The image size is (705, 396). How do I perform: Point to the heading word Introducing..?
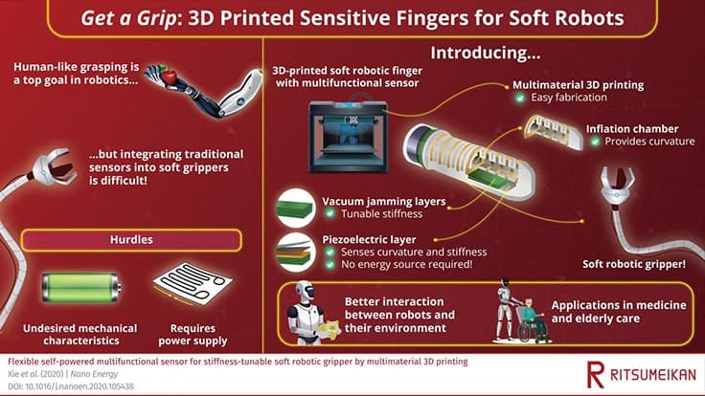pos(480,51)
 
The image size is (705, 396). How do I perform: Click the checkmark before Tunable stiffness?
pos(330,214)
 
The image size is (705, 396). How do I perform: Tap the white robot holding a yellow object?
pos(305,312)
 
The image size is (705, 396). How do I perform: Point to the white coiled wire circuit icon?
pos(189,289)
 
